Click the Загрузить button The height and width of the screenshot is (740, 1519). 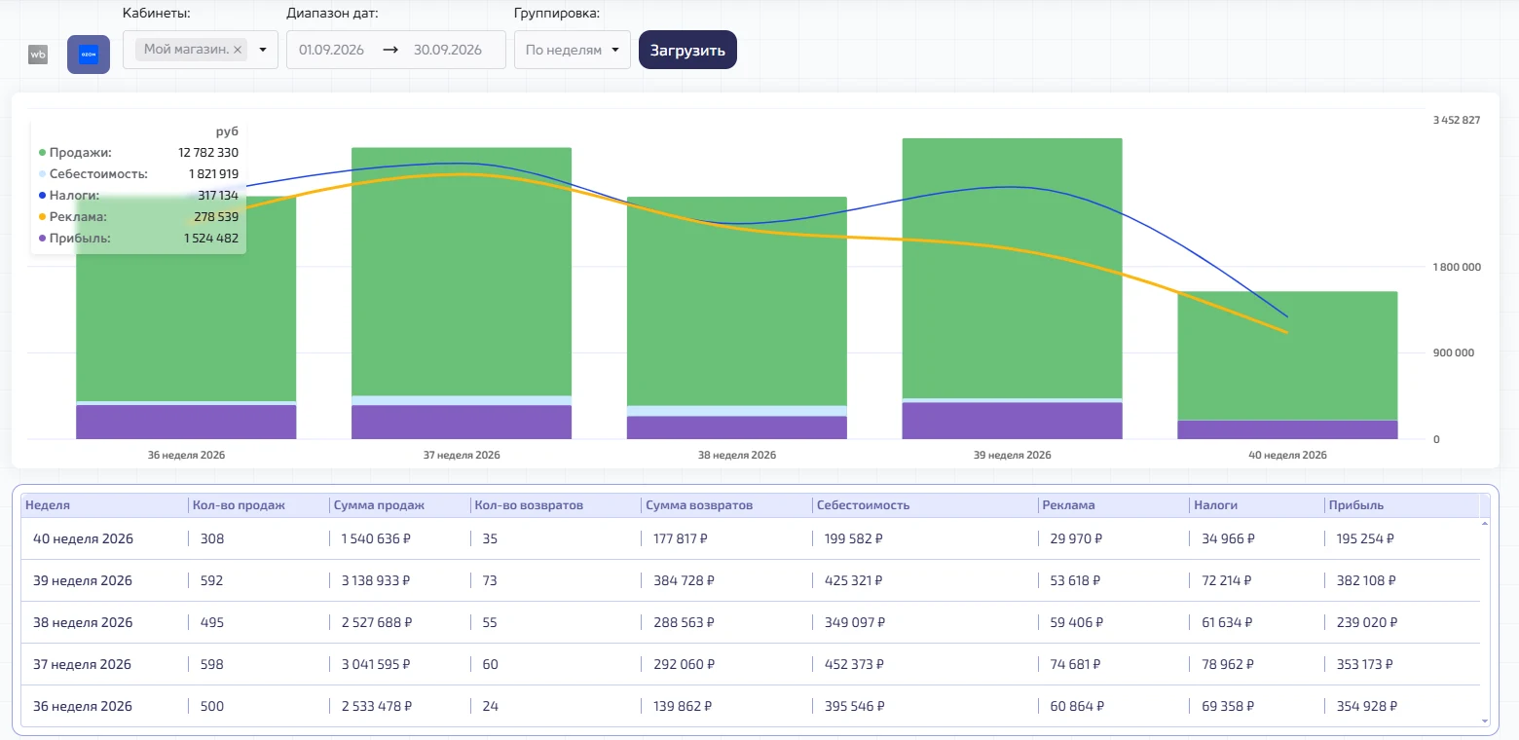687,50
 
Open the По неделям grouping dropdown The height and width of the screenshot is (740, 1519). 573,50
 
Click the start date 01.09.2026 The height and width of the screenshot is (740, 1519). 331,50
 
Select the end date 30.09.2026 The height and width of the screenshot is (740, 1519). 448,50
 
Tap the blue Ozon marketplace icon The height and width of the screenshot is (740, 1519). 89,55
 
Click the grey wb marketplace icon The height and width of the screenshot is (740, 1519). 38,55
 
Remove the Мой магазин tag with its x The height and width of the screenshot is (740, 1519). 238,50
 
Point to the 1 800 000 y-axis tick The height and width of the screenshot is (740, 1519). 1457,267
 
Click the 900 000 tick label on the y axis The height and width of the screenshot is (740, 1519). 1453,352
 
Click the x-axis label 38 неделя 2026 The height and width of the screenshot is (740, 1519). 737,455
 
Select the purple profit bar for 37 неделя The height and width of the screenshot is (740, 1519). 462,422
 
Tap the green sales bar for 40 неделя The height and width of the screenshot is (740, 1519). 1287,355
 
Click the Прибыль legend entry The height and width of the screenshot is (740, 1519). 79,239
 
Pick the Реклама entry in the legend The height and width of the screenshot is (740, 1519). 77,217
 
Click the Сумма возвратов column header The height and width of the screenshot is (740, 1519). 699,505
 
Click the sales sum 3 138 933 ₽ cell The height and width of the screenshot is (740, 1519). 376,580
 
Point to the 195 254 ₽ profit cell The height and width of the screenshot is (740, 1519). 1365,538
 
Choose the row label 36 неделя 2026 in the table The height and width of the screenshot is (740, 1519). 83,706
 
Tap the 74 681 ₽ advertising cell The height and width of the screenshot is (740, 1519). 1075,664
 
